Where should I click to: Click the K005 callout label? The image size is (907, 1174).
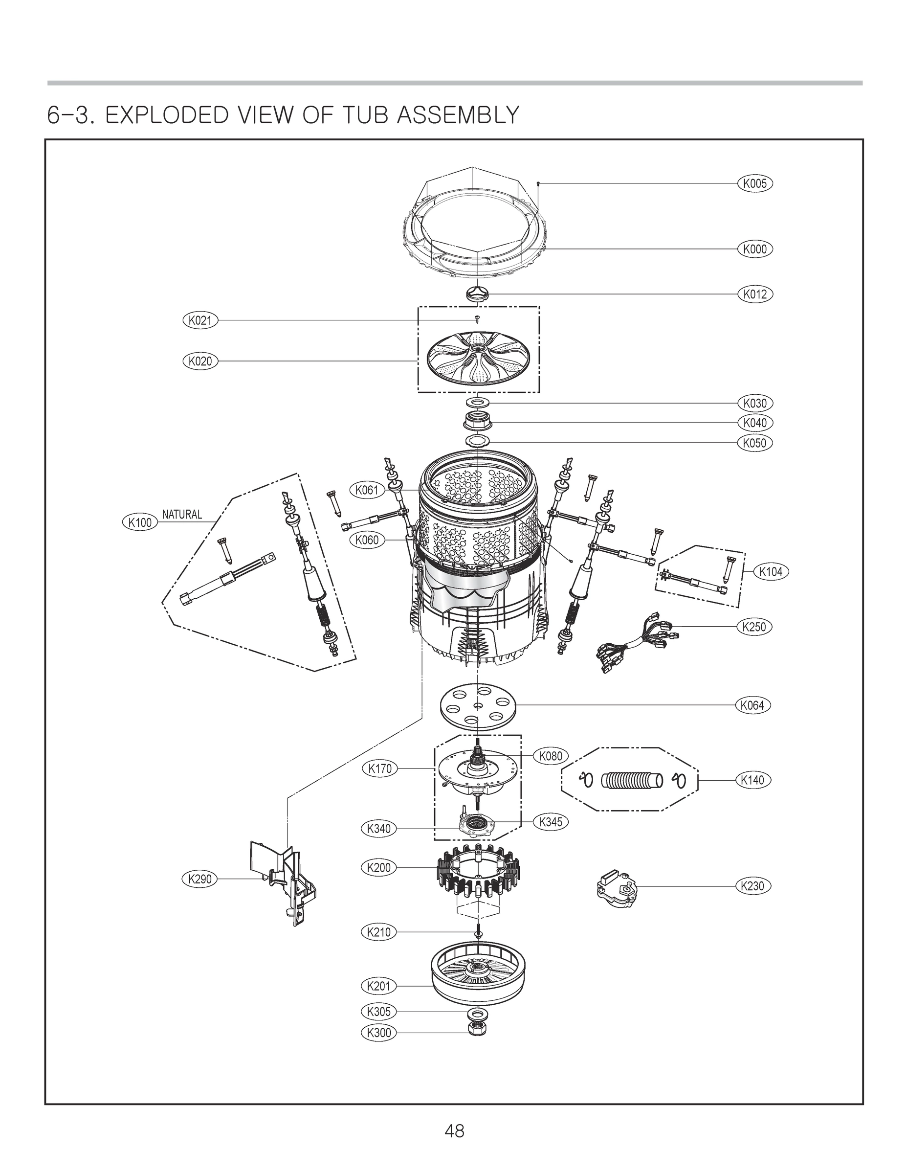[755, 184]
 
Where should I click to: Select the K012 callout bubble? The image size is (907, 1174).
[755, 294]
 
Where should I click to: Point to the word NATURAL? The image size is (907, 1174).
[182, 515]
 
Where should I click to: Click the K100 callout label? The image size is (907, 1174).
[140, 522]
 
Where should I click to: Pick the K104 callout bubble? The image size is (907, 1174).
[771, 572]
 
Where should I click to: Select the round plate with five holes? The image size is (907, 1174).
[477, 705]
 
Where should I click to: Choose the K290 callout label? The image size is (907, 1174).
[200, 879]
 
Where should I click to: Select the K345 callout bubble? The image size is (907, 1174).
[551, 822]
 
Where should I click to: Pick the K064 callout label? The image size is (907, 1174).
[752, 705]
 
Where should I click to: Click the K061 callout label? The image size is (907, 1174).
[368, 490]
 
